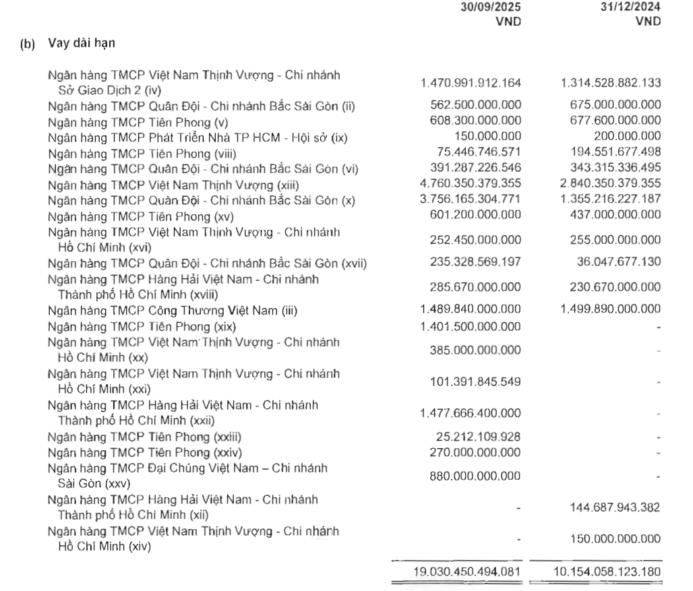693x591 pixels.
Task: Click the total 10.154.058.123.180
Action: [610, 572]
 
